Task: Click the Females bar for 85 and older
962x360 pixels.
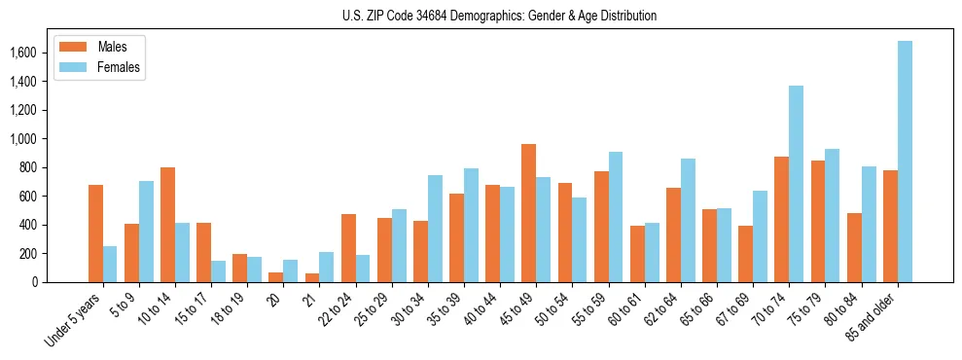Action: [x=905, y=162]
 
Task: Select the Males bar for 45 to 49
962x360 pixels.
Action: [x=528, y=213]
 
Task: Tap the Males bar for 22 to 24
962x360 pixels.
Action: [x=348, y=248]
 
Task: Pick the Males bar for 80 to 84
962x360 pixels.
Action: [x=854, y=248]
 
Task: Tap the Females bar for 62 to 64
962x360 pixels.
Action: [x=689, y=220]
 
